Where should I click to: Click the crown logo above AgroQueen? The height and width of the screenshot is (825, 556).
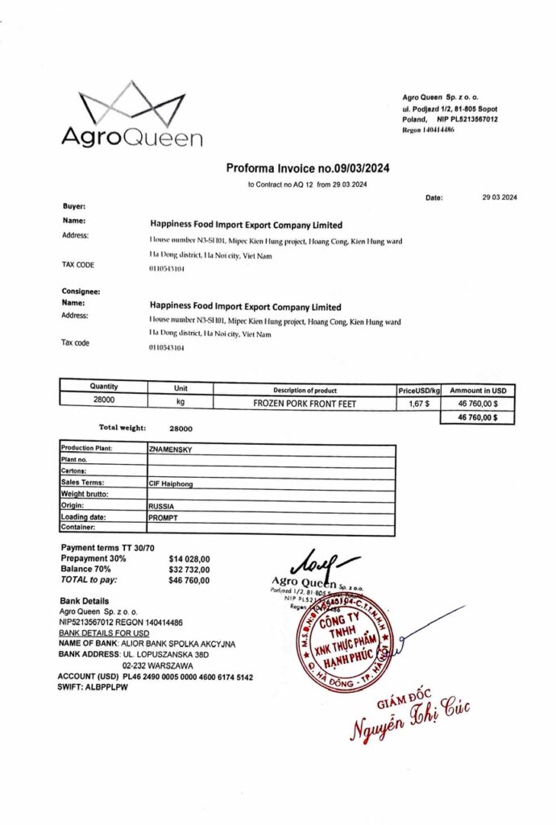132,103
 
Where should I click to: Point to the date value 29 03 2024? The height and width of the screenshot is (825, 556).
500,197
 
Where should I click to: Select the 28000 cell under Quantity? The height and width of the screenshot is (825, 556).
103,400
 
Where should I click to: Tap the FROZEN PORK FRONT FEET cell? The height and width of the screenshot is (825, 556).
305,404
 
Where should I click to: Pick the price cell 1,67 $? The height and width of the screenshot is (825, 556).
418,404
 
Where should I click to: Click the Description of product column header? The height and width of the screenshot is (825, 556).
305,390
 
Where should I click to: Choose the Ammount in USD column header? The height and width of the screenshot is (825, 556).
479,390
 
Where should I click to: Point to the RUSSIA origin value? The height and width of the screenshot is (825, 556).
162,506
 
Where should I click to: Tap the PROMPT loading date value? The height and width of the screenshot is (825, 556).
163,517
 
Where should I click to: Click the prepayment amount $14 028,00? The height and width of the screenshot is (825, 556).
189,558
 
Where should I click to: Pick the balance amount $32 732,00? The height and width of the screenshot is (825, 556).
189,569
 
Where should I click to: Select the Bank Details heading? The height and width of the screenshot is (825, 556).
85,601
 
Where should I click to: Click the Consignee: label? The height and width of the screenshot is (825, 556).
81,291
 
